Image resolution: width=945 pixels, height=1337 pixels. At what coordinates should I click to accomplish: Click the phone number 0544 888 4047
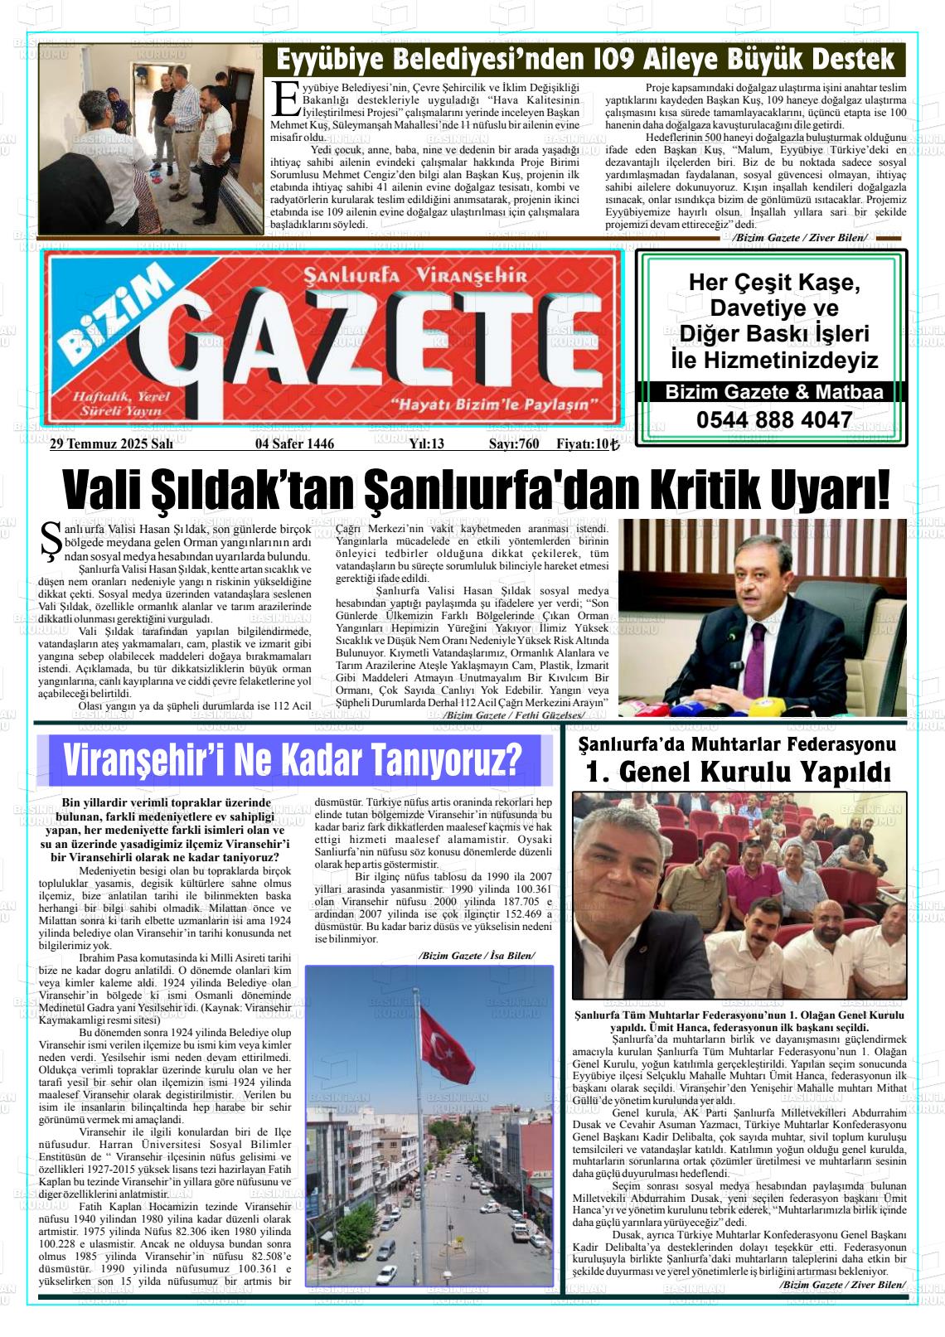pyautogui.click(x=773, y=420)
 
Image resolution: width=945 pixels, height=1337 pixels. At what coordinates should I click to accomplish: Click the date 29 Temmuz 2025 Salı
pyautogui.click(x=111, y=444)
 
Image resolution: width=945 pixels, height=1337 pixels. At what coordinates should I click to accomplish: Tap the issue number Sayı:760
pyautogui.click(x=513, y=444)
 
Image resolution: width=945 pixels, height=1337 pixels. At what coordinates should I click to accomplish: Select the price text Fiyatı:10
pyautogui.click(x=587, y=444)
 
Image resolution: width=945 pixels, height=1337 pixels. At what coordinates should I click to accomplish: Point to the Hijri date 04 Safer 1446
pyautogui.click(x=294, y=444)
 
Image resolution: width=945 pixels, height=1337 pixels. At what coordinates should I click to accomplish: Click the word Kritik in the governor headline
pyautogui.click(x=705, y=491)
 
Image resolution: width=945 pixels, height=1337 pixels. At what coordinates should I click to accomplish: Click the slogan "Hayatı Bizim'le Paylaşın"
pyautogui.click(x=495, y=404)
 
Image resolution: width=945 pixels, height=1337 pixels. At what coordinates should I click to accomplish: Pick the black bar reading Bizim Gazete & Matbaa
pyautogui.click(x=773, y=392)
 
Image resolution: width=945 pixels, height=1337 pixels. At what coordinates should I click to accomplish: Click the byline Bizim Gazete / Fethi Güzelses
pyautogui.click(x=514, y=715)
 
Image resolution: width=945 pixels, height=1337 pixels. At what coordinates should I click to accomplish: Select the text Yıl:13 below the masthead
pyautogui.click(x=426, y=444)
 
